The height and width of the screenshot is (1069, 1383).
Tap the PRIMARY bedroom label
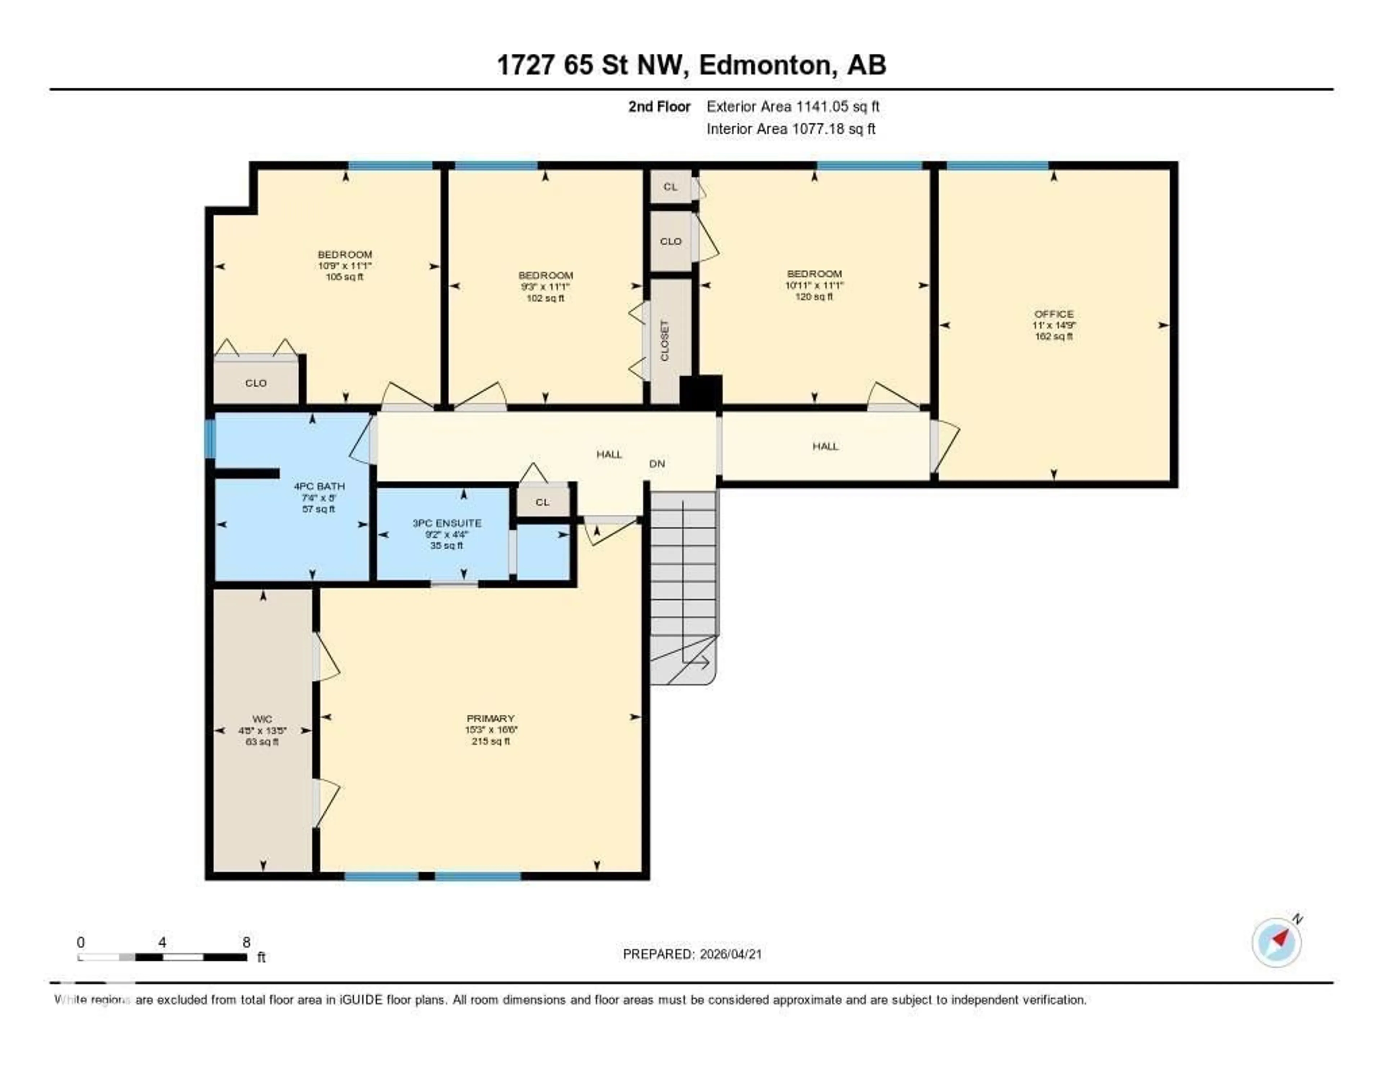(490, 718)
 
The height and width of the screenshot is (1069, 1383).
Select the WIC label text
(262, 719)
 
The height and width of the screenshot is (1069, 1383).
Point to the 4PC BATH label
(319, 486)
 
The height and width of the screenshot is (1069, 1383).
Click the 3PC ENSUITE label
(447, 523)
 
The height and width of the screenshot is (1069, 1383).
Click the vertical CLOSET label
(664, 341)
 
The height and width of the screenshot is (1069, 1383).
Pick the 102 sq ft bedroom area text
(545, 298)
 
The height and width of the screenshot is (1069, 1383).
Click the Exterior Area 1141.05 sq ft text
(793, 106)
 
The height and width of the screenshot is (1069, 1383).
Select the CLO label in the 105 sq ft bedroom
(256, 383)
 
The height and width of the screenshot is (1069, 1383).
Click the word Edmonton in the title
(765, 65)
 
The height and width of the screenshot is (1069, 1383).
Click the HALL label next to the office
(825, 446)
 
